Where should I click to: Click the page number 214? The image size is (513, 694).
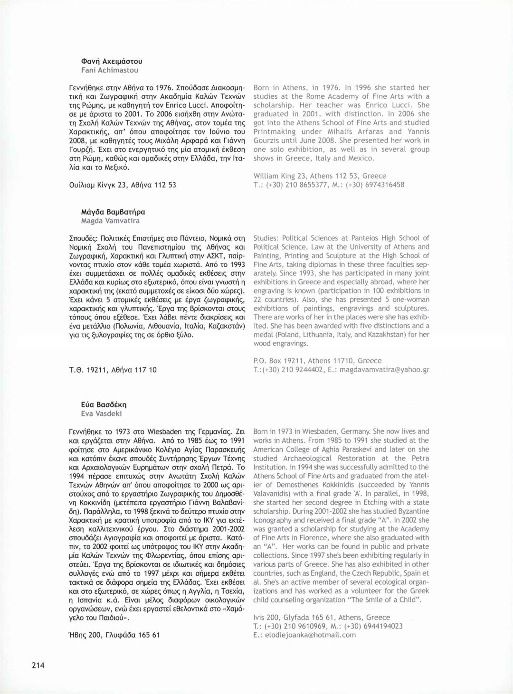pos(38,665)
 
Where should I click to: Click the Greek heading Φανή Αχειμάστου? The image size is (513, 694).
pos(112,61)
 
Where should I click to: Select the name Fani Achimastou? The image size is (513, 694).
pos(110,70)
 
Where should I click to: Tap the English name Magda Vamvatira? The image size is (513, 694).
pos(110,221)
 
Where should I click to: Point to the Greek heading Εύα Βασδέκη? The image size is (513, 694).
pos(104,405)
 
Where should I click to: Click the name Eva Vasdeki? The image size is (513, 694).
pos(101,413)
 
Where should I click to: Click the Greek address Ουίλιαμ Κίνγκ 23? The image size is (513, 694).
pos(123,185)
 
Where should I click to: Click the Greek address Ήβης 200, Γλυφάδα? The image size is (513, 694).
pos(114,635)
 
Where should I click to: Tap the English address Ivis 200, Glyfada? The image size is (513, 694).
pos(322,618)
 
